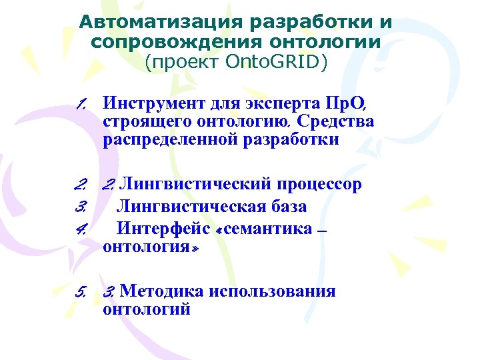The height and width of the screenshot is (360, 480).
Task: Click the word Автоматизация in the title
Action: coord(160,23)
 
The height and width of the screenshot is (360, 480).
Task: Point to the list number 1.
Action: coord(81,104)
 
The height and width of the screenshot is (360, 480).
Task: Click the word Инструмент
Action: coord(146,105)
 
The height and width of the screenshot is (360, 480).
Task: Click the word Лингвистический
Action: coord(197,185)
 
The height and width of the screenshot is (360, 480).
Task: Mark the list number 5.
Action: coord(81,292)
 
